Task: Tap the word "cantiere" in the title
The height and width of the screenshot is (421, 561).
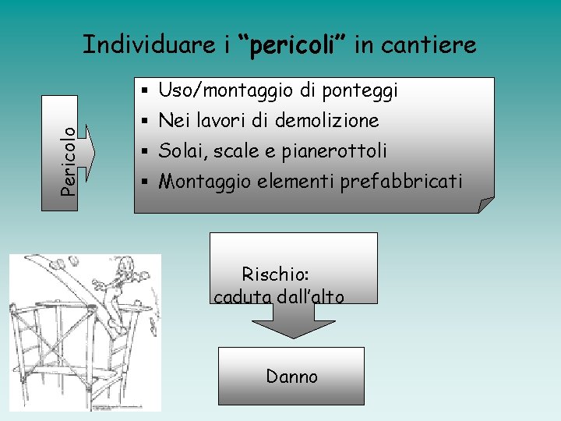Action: (x=437, y=45)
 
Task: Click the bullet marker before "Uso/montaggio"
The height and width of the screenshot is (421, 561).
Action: (x=146, y=90)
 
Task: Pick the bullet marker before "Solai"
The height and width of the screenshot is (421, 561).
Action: (x=146, y=150)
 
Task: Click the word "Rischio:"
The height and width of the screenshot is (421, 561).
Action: (x=276, y=274)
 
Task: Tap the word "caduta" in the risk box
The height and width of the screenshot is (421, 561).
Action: (x=241, y=296)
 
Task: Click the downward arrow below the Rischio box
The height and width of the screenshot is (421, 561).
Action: (x=292, y=319)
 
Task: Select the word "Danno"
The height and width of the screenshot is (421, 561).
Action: (x=291, y=377)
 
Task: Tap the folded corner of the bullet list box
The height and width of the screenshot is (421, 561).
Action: (x=485, y=205)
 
